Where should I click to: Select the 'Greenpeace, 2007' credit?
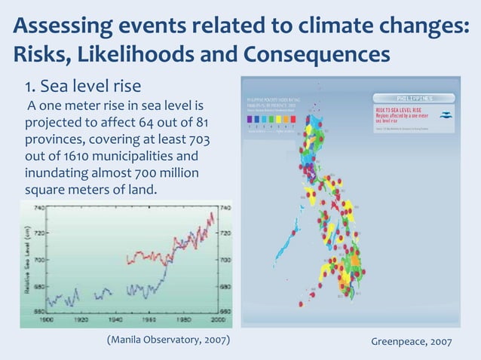click(412, 342)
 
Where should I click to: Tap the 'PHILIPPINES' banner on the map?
click(415, 98)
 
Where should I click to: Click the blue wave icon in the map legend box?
click(446, 114)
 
